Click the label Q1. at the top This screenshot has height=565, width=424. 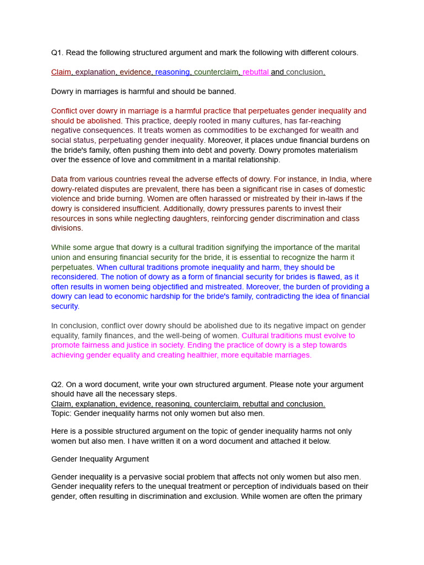coord(58,53)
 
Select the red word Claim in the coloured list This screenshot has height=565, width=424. coord(61,72)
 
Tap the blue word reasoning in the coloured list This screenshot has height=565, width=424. coord(172,72)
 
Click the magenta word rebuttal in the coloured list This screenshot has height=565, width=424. coord(256,72)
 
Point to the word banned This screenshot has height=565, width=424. coord(222,92)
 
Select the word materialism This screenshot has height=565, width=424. coord(333,150)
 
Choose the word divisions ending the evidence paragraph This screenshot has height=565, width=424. coord(67,228)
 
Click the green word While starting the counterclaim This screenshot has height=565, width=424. coord(61,248)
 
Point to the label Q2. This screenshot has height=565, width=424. coord(58,385)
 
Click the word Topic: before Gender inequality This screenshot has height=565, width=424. coord(61,414)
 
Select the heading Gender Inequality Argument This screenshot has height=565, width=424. coord(100,459)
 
